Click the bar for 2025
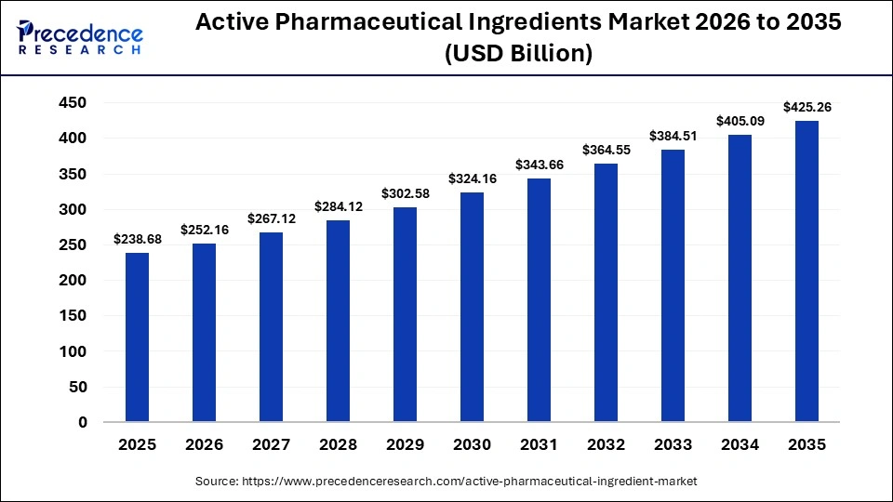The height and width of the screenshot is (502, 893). [x=137, y=337]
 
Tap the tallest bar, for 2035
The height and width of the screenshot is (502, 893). [x=806, y=271]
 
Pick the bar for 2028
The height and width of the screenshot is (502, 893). [x=338, y=321]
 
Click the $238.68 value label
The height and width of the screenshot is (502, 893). [x=137, y=240]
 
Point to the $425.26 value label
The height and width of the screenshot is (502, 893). [x=806, y=107]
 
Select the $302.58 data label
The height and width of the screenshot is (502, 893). [x=405, y=194]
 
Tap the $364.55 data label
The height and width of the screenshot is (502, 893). [x=606, y=150]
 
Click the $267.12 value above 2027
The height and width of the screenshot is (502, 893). [x=271, y=218]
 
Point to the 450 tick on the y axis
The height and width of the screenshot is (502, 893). [x=73, y=102]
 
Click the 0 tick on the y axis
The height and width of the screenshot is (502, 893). [x=82, y=422]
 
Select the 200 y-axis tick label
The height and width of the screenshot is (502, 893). [x=73, y=281]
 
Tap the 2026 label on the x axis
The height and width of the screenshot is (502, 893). [x=204, y=445]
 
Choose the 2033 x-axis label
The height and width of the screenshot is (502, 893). [x=673, y=445]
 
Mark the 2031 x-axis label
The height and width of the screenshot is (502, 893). [x=539, y=445]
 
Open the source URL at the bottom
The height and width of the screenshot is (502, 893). [x=446, y=482]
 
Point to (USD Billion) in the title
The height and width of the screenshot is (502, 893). [x=518, y=54]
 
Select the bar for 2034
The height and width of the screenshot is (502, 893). [x=740, y=278]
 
